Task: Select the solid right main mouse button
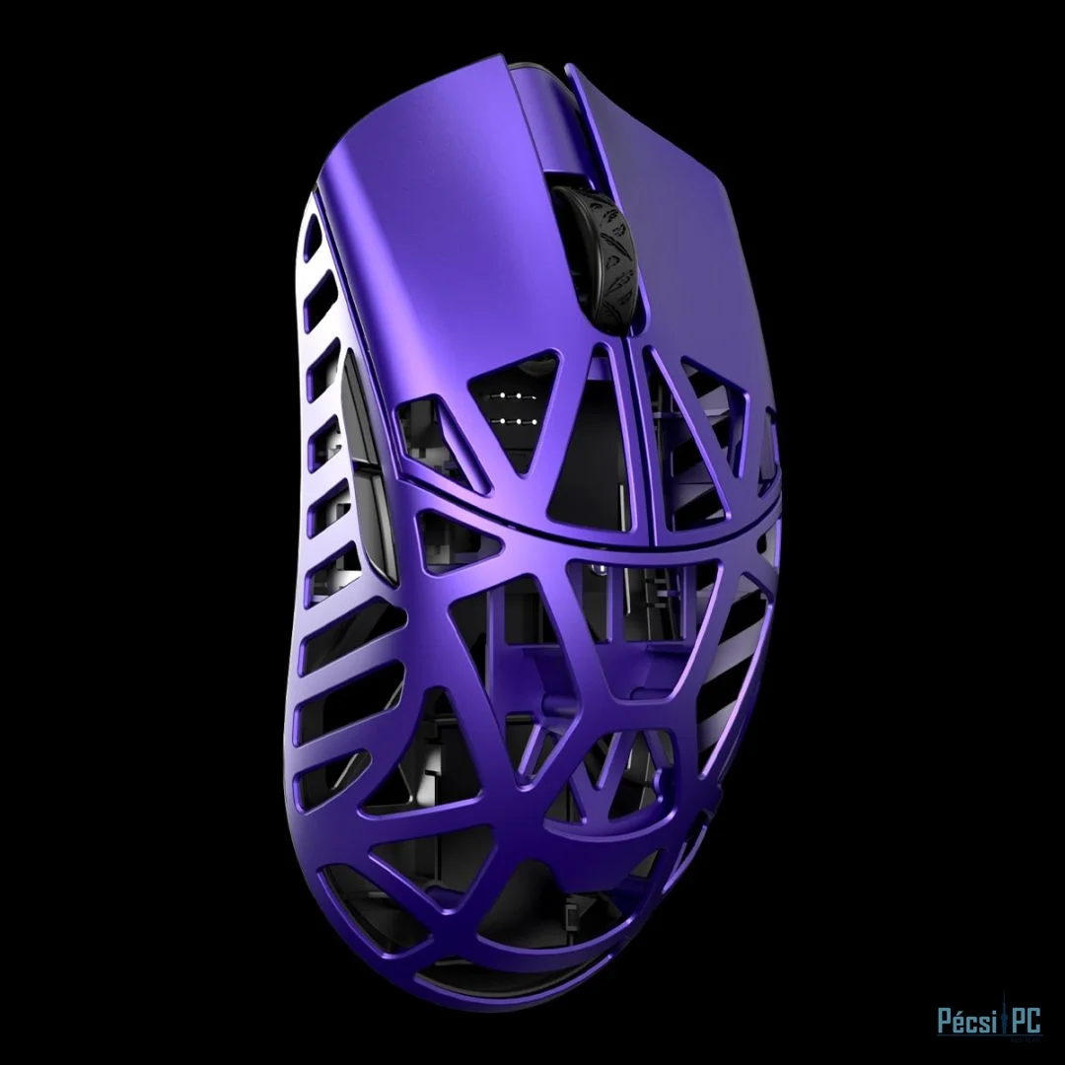tap(680, 197)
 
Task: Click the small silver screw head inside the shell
tap(599, 567)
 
